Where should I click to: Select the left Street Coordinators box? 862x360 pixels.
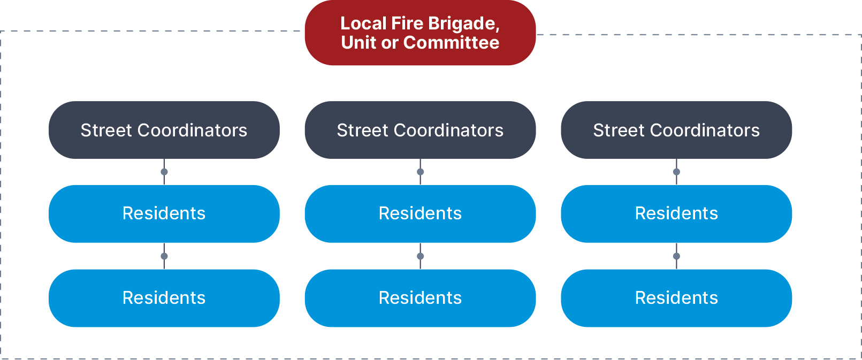[x=164, y=130]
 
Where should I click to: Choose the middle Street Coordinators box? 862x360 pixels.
[x=420, y=130]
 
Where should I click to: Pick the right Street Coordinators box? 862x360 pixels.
[x=676, y=130]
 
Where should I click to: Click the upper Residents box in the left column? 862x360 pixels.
[x=164, y=213]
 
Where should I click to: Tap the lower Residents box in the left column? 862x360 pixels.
[x=164, y=298]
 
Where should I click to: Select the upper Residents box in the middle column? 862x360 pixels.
[x=420, y=213]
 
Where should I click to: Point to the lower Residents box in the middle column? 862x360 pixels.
[x=420, y=298]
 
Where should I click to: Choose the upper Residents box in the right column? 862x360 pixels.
[x=676, y=213]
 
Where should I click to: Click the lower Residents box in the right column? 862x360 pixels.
[x=676, y=298]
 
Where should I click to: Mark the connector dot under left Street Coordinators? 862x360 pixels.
[x=164, y=172]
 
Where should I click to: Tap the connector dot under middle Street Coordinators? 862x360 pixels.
[x=421, y=172]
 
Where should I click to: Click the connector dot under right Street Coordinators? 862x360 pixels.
[x=676, y=172]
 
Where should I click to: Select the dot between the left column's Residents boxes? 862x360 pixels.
[x=164, y=256]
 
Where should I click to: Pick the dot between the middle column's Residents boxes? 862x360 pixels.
[x=421, y=256]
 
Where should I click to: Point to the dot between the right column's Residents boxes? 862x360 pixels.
[x=676, y=256]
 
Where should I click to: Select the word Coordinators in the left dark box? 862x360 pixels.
[x=192, y=131]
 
